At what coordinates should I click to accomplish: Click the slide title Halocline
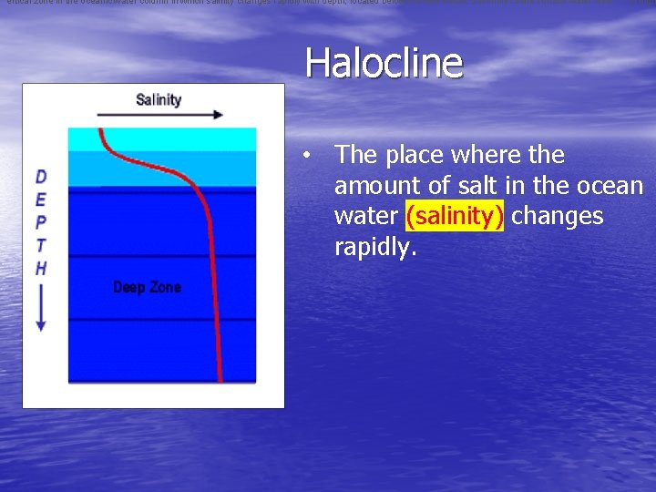384,63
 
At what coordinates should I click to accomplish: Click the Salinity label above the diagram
159,100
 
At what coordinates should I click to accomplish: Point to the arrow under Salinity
159,115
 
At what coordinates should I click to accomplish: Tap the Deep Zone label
147,287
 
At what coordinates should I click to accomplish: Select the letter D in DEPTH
41,177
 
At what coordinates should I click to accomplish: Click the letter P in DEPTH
41,221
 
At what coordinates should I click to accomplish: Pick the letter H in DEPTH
41,268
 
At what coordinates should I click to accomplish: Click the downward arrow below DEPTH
41,310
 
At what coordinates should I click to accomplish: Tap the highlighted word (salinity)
455,216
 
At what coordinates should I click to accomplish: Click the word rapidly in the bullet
374,247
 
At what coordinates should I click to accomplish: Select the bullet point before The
310,156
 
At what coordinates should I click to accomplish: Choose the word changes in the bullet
558,216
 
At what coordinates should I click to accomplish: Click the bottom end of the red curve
220,379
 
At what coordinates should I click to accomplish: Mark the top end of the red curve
99,130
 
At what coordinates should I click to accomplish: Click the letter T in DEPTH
41,244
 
